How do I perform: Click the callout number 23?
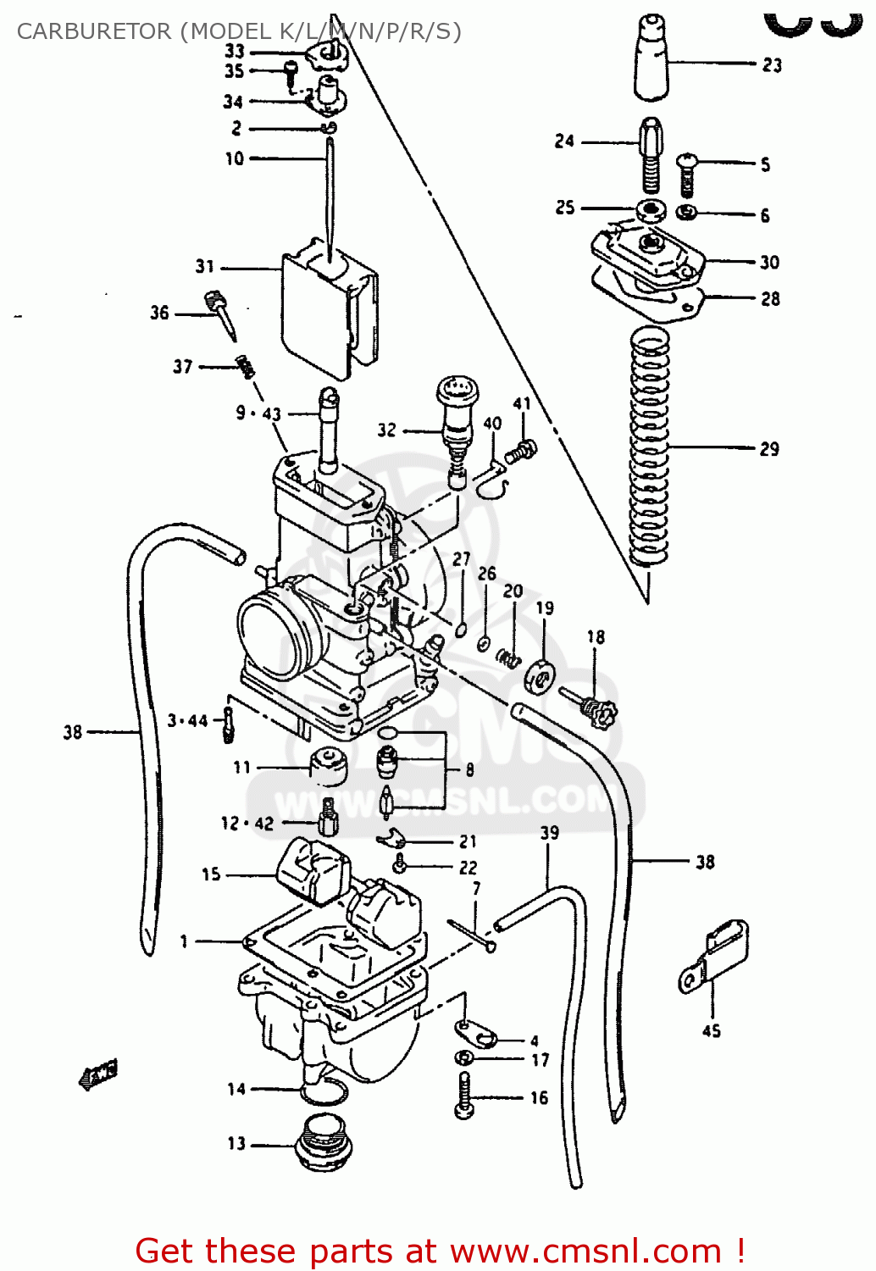point(772,64)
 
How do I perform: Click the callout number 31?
point(205,266)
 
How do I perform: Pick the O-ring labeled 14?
point(323,1092)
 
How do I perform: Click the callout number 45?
point(712,1030)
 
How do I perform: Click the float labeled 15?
point(313,870)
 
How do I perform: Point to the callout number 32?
point(386,430)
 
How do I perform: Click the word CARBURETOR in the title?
point(94,31)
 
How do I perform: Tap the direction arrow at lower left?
point(97,1074)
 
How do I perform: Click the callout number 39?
point(549,833)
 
